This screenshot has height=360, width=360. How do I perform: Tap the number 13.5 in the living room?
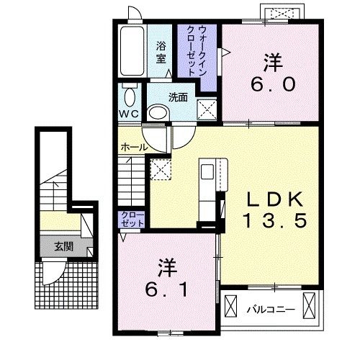275,221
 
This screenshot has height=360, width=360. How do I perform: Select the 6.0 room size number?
273,85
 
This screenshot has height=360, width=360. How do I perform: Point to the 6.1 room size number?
166,289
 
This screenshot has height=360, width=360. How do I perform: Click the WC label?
129,114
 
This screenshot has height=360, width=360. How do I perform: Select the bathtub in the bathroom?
132,51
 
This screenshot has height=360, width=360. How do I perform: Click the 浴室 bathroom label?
161,53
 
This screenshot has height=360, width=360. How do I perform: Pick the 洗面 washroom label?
178,97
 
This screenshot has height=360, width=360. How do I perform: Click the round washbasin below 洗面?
158,113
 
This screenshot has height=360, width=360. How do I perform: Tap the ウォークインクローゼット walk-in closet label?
197,51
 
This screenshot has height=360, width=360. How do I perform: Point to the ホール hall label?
134,147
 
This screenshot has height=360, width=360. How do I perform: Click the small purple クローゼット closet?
132,220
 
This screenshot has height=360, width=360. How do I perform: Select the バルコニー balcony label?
271,310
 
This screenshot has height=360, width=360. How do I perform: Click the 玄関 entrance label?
63,246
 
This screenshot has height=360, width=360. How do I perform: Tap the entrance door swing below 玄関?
53,272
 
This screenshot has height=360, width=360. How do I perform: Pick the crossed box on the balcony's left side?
230,305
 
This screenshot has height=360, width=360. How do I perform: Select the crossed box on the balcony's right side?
309,305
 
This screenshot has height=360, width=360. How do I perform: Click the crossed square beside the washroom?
207,109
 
